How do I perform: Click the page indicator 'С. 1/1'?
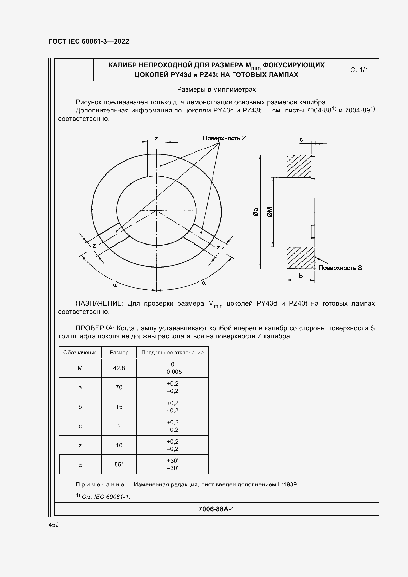tap(359, 70)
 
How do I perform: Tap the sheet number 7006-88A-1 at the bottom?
tap(216, 509)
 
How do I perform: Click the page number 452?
tap(54, 525)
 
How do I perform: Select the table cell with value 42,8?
tap(119, 368)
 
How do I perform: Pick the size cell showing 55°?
tap(119, 465)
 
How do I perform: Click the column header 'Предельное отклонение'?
tap(173, 352)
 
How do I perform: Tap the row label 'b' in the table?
tap(80, 407)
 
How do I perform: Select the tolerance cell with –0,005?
tap(173, 372)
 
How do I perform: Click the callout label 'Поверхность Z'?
tap(224, 138)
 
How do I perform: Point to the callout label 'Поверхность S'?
tap(340, 268)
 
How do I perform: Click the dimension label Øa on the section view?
tap(256, 212)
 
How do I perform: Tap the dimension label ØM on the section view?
tap(269, 212)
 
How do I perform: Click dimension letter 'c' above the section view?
tap(301, 139)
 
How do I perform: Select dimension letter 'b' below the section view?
tap(301, 276)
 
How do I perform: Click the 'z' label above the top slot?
tap(157, 138)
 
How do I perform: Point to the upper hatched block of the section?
tap(299, 166)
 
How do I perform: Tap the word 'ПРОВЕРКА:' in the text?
tap(95, 328)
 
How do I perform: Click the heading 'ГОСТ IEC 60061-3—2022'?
tap(89, 41)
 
